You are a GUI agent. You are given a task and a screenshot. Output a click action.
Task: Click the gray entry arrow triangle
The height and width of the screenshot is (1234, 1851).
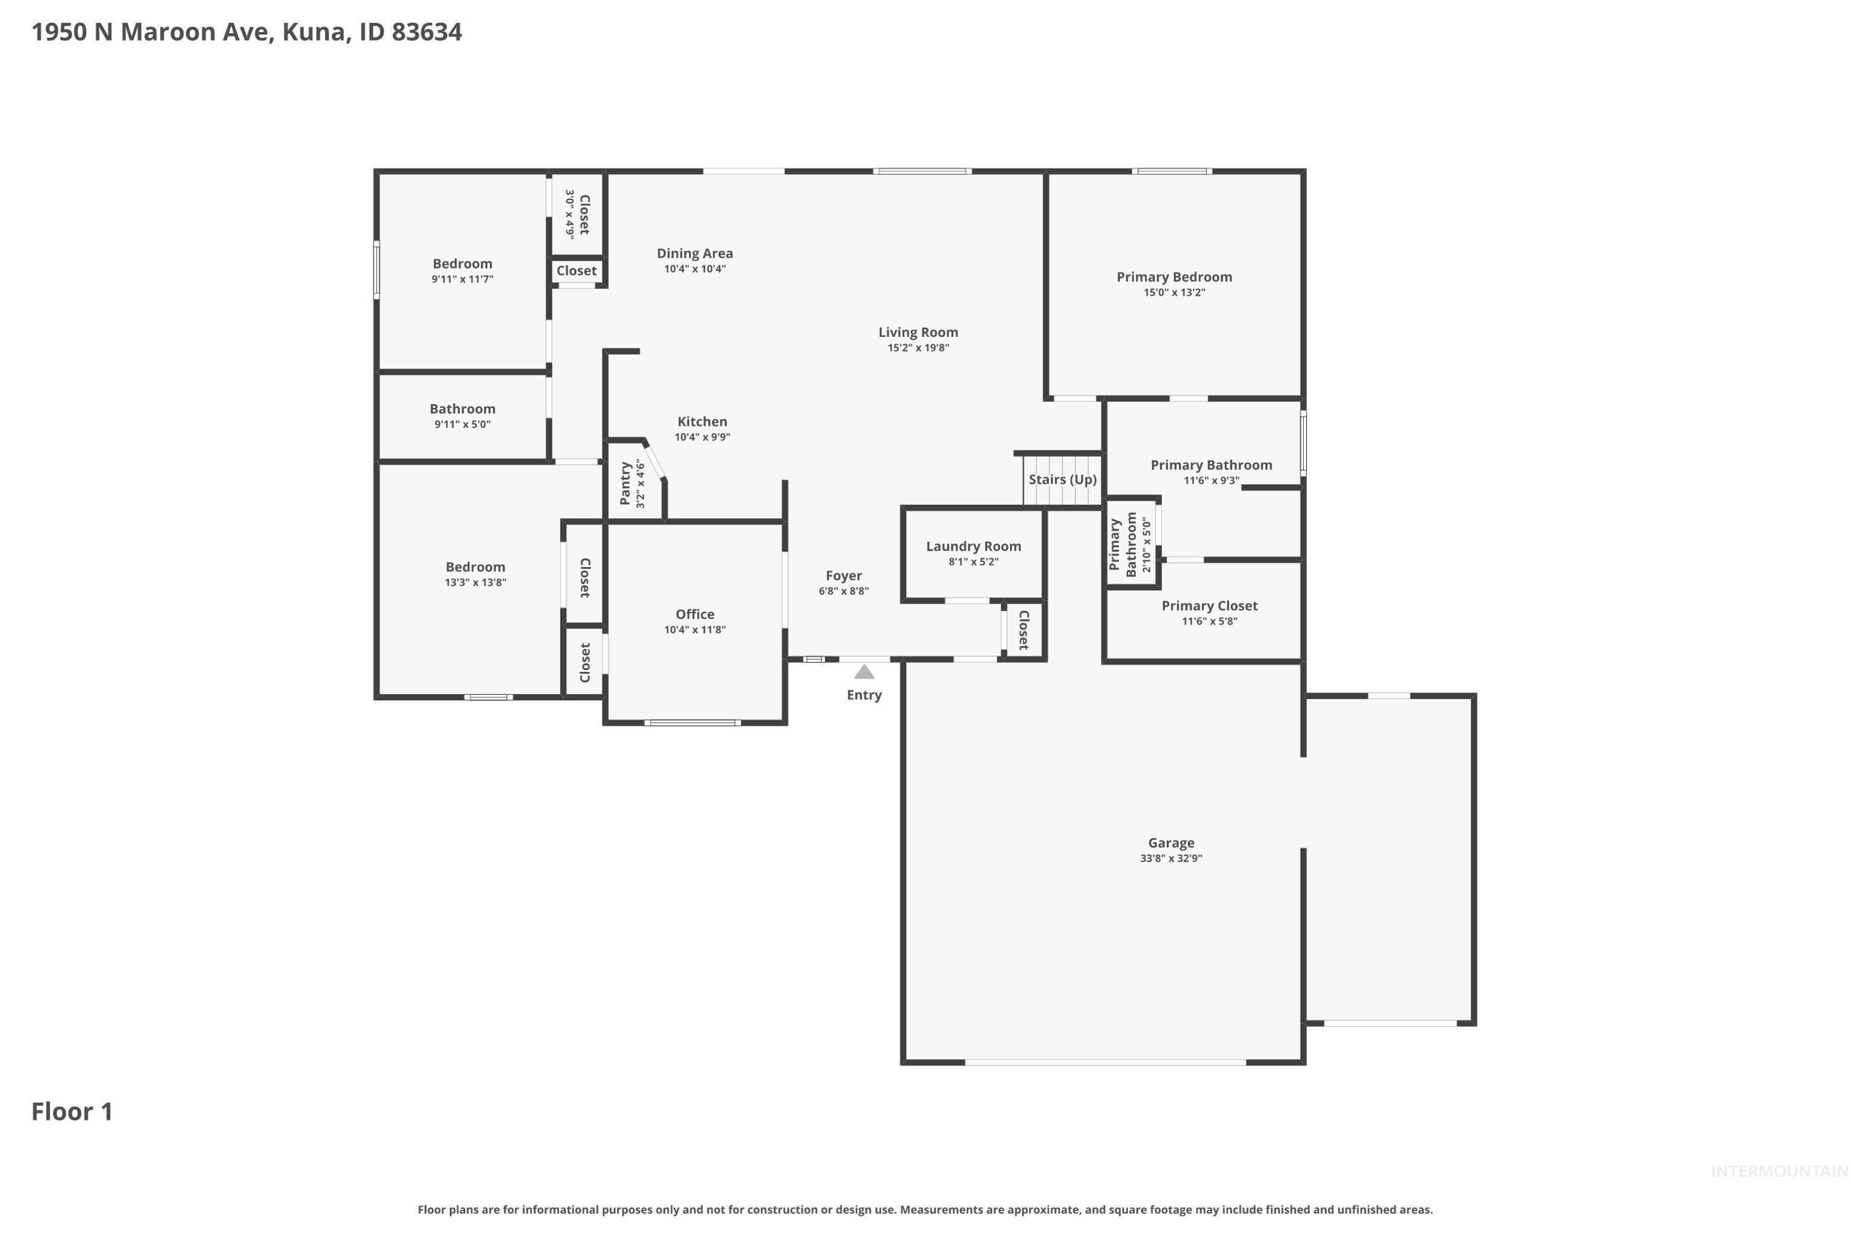tap(864, 671)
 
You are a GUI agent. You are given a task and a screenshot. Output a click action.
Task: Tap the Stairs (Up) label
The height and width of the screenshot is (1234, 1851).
tap(1062, 479)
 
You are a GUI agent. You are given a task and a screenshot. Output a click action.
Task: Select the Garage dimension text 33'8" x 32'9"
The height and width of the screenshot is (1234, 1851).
tap(1171, 858)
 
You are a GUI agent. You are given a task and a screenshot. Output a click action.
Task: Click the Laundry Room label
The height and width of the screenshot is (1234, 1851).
tap(974, 546)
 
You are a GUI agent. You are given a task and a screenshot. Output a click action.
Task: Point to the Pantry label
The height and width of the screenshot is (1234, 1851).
tap(625, 483)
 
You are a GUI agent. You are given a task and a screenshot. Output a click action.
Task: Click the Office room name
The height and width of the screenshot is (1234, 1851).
tap(695, 615)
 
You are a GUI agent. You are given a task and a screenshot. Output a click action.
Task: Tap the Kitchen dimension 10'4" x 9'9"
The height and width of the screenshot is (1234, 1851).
tap(702, 437)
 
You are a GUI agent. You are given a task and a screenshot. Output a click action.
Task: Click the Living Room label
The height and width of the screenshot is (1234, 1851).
tap(918, 332)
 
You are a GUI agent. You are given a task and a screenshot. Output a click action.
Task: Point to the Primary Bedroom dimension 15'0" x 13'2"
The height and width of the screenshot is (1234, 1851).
tap(1174, 292)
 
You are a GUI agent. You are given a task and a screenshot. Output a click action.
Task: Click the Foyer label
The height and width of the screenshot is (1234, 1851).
tap(844, 576)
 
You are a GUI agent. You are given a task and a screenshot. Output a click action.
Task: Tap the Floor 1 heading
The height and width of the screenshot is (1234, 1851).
tap(72, 1111)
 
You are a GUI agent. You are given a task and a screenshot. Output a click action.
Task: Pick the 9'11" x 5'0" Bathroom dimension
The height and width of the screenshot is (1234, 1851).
tap(463, 424)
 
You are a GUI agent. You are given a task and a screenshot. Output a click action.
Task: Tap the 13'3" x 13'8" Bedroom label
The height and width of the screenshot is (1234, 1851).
tap(475, 583)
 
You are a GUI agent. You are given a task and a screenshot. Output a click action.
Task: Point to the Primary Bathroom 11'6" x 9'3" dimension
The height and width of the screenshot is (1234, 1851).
tap(1211, 480)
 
